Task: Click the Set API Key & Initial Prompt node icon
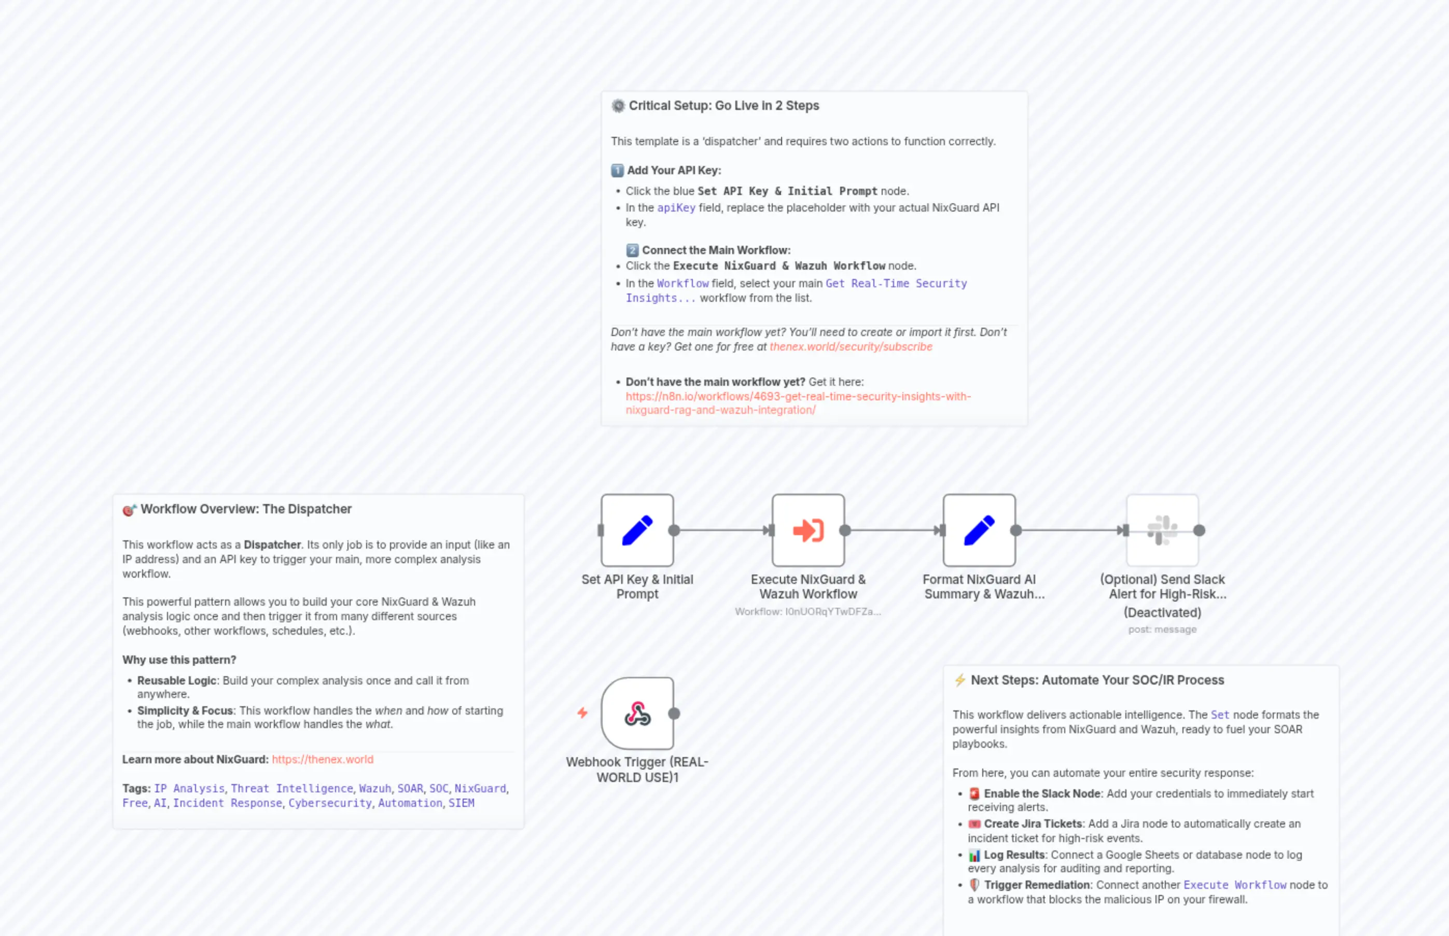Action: pos(637,530)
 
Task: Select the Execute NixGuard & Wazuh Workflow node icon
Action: pos(808,530)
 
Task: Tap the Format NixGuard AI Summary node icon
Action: pos(979,530)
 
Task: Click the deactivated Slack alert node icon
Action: pos(1162,530)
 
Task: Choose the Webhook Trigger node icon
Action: pos(637,713)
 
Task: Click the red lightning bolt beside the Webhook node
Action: pos(582,713)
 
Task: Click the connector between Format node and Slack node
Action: pos(1070,530)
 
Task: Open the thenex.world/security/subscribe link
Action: pos(851,346)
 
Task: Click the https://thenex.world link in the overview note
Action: pos(322,759)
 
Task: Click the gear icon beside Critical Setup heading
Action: pos(618,106)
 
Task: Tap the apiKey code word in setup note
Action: pos(676,208)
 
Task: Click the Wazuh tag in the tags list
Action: pos(374,788)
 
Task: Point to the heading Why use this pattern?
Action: pos(179,660)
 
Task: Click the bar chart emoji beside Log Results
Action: pos(974,855)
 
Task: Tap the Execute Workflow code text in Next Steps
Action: pos(1234,885)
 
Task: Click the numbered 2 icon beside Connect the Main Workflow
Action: pos(632,250)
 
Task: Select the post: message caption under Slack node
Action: pos(1162,629)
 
